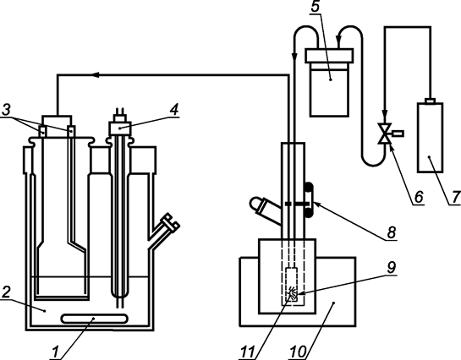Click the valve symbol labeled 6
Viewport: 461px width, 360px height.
(x=386, y=133)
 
